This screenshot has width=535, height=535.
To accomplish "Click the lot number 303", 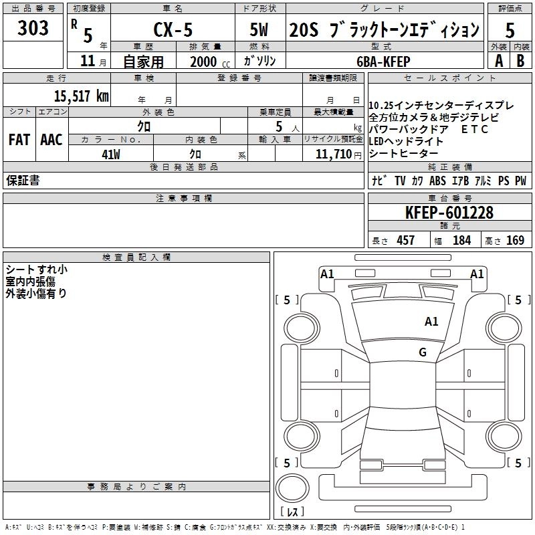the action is point(33,28).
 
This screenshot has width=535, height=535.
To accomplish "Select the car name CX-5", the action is point(172,29).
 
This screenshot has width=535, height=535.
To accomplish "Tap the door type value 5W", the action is point(260,29).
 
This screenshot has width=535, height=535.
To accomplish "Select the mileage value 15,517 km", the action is point(81,96).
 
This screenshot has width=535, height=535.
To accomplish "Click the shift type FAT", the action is point(19,140).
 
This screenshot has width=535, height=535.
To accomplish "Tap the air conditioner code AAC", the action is point(51,140).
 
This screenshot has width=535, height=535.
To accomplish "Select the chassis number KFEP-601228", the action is point(449,213).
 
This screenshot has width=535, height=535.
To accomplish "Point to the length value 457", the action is point(405,240).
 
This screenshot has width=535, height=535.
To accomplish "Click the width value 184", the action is point(461,240).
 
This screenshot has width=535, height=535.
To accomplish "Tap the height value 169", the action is point(515,240).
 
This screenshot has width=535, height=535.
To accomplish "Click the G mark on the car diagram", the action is point(422,352).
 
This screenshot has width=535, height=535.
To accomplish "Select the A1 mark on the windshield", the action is point(431,322).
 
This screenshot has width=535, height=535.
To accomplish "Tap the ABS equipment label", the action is point(437,181).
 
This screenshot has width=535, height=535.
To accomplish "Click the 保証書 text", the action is point(23,181).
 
